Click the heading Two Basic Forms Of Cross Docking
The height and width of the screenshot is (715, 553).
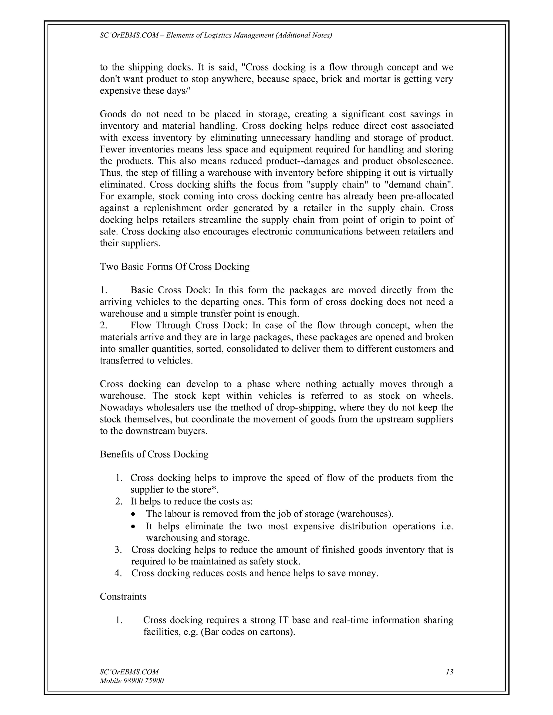175,267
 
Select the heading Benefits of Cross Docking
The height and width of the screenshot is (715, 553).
154,454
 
